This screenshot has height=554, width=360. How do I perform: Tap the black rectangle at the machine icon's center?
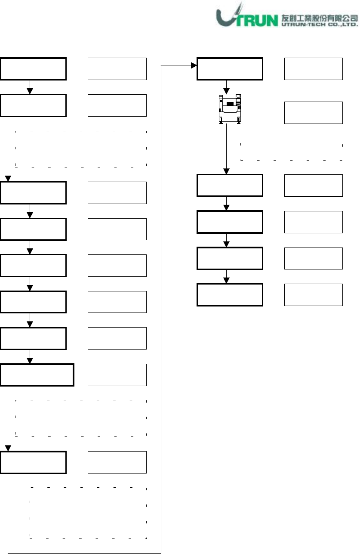230,104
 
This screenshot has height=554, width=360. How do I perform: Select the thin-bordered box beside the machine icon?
314,113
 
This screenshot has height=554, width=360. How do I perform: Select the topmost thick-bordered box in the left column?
34,68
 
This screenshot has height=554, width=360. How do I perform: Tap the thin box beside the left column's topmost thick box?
117,68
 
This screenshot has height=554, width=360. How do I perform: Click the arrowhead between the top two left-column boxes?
30,91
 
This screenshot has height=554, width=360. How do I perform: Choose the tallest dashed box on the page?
88,513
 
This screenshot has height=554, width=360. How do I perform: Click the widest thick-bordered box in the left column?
37,374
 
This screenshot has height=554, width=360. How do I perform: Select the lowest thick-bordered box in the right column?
230,294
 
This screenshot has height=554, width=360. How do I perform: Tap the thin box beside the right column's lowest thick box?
314,294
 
